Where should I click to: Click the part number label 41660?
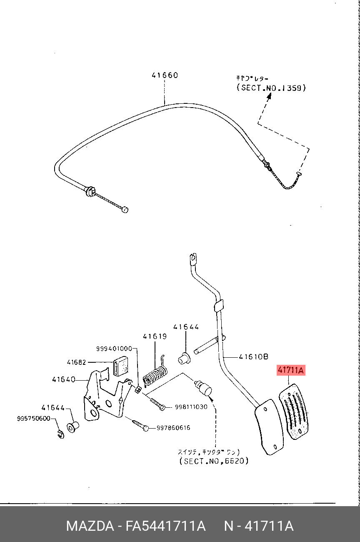pos(165,75)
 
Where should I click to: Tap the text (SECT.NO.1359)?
pos(271,88)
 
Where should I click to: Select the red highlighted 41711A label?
pos(291,370)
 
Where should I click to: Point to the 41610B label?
pos(253,357)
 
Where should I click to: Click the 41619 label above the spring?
pos(155,336)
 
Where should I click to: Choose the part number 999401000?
pos(114,349)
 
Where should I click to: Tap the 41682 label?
pos(77,362)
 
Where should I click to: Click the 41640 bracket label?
pos(64,380)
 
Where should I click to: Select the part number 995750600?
pos(34,418)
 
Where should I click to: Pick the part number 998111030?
pos(191,407)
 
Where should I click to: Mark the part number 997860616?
pos(173,428)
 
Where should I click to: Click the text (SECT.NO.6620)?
pos(214,461)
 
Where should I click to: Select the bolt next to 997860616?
pos(140,425)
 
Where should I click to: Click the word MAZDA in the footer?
pos(90,526)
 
